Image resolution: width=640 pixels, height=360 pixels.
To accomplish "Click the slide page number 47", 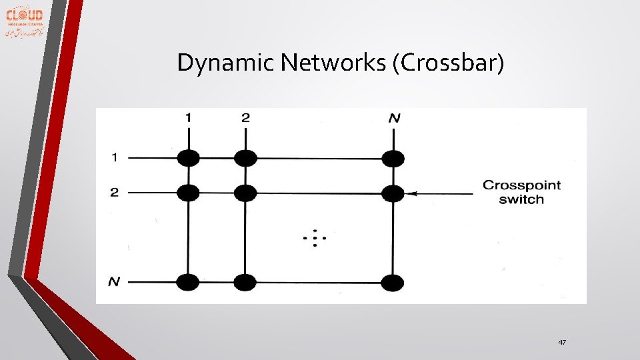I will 562,342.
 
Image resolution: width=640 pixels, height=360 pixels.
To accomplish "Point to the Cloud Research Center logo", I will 25,22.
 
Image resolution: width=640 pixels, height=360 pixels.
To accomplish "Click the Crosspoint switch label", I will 521,192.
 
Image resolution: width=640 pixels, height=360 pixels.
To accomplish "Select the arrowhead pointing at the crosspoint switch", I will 411,193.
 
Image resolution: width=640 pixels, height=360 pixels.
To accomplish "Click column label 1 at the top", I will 189,118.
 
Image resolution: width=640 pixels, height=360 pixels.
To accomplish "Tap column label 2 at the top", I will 245,118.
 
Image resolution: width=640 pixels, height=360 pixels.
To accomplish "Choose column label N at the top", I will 394,119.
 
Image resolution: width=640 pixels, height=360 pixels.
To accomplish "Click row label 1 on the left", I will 115,158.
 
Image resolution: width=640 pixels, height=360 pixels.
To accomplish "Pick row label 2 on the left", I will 115,193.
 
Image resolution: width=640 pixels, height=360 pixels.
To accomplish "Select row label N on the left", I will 114,282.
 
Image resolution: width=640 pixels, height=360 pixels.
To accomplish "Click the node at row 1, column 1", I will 189,159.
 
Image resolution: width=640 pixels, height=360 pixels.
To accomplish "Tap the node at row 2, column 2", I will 245,193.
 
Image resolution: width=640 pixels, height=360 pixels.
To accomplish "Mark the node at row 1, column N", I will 393,159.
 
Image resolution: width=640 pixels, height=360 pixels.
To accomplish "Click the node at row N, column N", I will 393,283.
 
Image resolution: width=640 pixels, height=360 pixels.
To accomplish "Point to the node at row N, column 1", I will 189,283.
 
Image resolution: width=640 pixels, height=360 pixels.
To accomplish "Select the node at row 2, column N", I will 393,193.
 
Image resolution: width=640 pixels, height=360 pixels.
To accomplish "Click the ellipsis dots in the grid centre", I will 314,238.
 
